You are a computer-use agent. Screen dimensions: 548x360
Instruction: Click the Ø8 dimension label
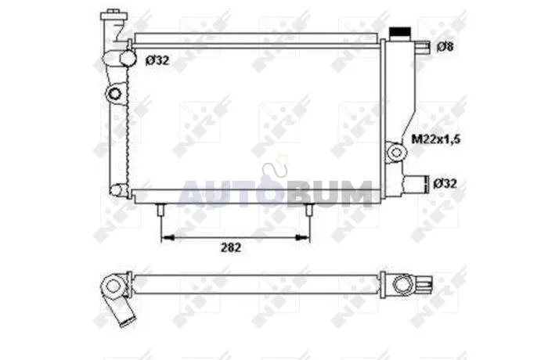click(445, 46)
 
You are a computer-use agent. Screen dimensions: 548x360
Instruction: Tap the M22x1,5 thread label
click(436, 139)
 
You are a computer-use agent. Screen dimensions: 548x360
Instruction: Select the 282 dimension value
click(231, 247)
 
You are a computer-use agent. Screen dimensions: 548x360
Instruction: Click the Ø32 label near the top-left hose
click(157, 60)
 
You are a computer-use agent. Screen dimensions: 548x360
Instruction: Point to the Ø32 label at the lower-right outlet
click(445, 183)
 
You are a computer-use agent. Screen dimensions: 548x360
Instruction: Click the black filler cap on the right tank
click(400, 32)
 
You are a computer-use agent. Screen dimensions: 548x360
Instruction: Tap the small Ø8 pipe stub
click(423, 47)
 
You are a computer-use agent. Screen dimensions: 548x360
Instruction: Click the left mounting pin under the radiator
click(160, 210)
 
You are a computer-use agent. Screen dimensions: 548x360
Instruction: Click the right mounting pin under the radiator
click(308, 210)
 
